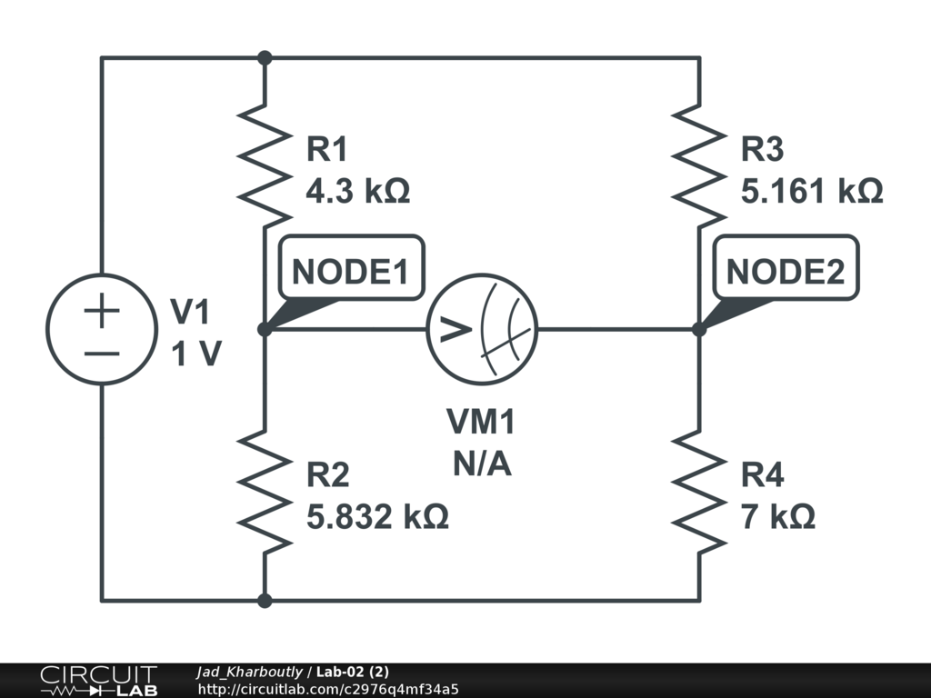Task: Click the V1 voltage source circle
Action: pyautogui.click(x=101, y=329)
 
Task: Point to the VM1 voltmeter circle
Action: pyautogui.click(x=483, y=329)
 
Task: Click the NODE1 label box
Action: pyautogui.click(x=351, y=269)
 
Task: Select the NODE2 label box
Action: pyautogui.click(x=786, y=269)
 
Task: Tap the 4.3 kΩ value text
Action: pyautogui.click(x=358, y=192)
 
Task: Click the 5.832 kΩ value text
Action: pyautogui.click(x=377, y=518)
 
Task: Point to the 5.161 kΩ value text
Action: pyautogui.click(x=812, y=192)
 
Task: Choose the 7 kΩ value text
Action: pyautogui.click(x=778, y=518)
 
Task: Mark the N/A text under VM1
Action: pyautogui.click(x=482, y=464)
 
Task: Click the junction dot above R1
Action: pyautogui.click(x=265, y=58)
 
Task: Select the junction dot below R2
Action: pyautogui.click(x=265, y=600)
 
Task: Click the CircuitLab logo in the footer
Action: pyautogui.click(x=97, y=681)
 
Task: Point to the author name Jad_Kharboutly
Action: pyautogui.click(x=249, y=672)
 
